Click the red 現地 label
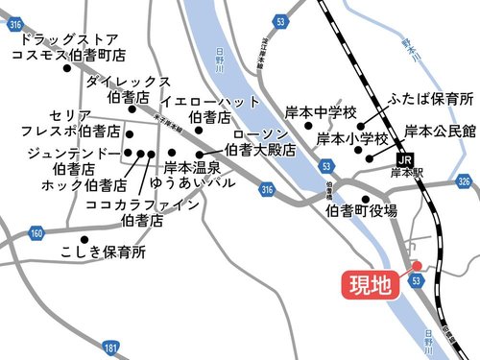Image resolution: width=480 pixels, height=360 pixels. (369, 285)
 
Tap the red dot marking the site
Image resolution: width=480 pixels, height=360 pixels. (417, 267)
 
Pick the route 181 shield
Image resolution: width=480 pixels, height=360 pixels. (111, 346)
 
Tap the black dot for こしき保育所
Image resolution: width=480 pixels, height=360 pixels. (84, 239)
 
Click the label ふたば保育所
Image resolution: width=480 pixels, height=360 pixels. (430, 99)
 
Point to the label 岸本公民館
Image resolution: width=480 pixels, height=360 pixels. (440, 132)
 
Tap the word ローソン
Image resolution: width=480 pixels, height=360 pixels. (259, 134)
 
